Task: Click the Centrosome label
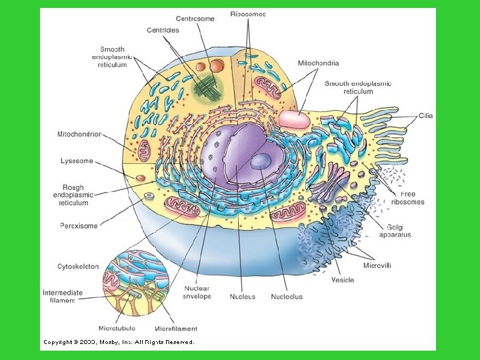(x=195, y=19)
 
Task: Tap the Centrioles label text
(x=163, y=31)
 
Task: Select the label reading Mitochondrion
(x=79, y=134)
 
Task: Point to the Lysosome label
(x=77, y=161)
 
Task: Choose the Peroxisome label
(x=79, y=226)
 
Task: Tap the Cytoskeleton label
(x=78, y=267)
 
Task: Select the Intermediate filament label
(x=63, y=296)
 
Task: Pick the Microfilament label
(x=175, y=328)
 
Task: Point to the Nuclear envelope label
(x=197, y=293)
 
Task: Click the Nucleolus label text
(x=287, y=297)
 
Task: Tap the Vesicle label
(x=342, y=280)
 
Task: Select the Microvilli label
(x=377, y=265)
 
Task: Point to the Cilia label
(x=425, y=116)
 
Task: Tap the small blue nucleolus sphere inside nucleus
(x=261, y=161)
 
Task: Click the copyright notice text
(x=119, y=342)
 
